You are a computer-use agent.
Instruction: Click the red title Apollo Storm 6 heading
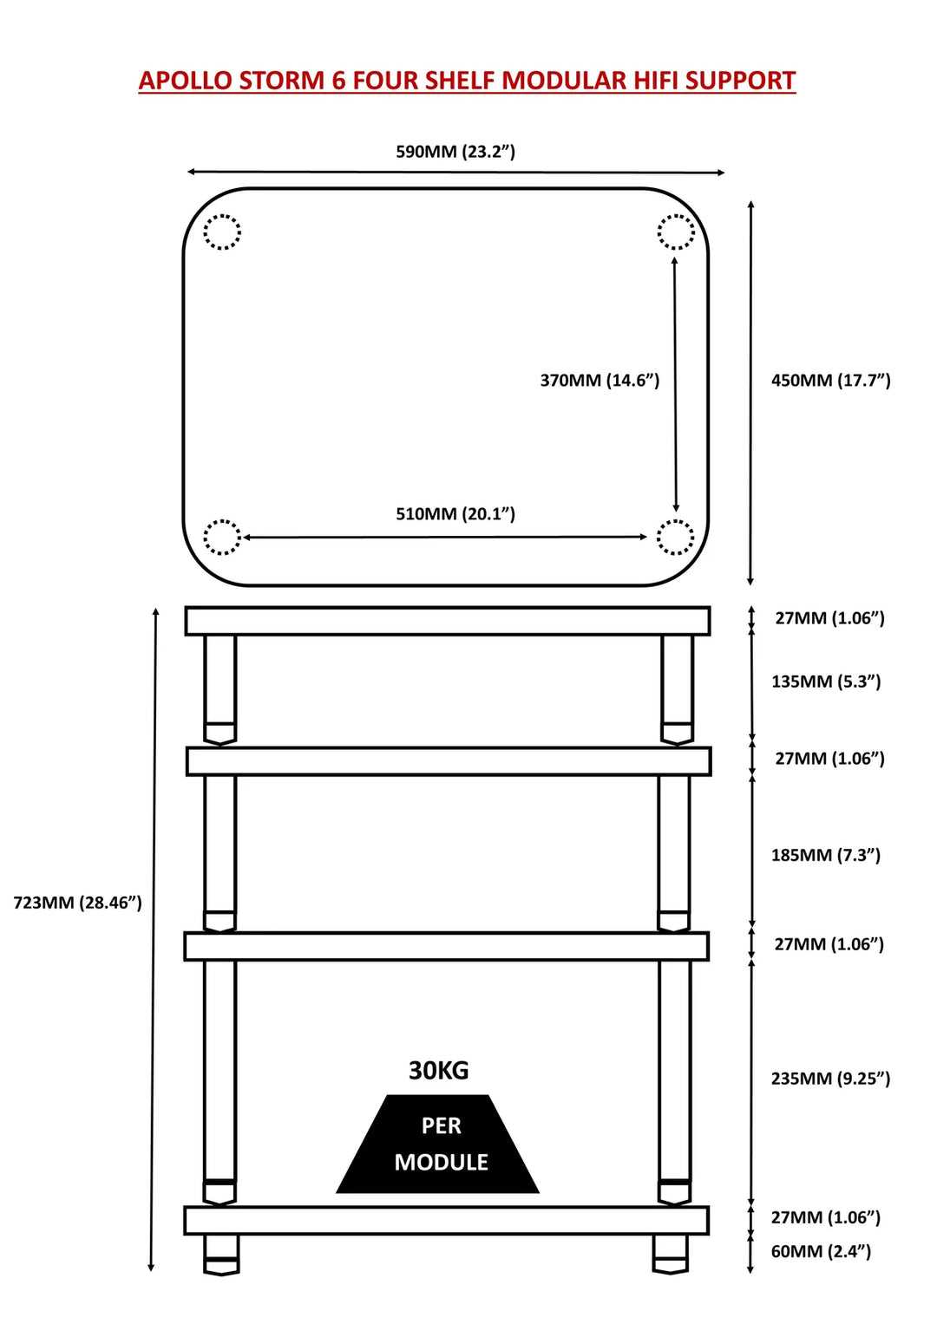tap(467, 81)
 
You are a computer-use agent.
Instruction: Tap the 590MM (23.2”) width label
tap(455, 152)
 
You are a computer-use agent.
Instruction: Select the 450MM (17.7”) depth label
tap(830, 380)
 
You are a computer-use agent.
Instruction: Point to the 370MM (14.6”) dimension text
tap(600, 380)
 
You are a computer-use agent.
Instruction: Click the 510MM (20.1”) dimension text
tap(455, 513)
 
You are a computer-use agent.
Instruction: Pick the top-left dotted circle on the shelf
tap(222, 232)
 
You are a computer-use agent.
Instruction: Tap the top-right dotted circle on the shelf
tap(676, 232)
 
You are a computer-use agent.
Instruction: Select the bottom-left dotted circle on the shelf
tap(222, 537)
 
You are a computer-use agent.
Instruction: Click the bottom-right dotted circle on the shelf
tap(675, 537)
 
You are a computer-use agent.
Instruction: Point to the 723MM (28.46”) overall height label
tap(77, 903)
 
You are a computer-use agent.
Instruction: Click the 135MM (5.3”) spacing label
tap(826, 682)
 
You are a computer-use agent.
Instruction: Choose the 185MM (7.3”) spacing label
tap(826, 855)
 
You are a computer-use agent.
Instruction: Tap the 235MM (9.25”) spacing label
tap(830, 1079)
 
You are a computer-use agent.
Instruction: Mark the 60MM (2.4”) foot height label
tap(821, 1251)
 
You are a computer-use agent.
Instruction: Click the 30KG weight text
tap(439, 1071)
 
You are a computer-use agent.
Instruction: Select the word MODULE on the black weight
tap(441, 1162)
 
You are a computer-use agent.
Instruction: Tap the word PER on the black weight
tap(441, 1125)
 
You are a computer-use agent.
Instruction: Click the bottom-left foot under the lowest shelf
tap(221, 1255)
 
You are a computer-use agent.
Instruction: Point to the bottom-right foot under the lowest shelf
tap(671, 1254)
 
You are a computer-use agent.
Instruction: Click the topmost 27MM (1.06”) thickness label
tap(829, 618)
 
